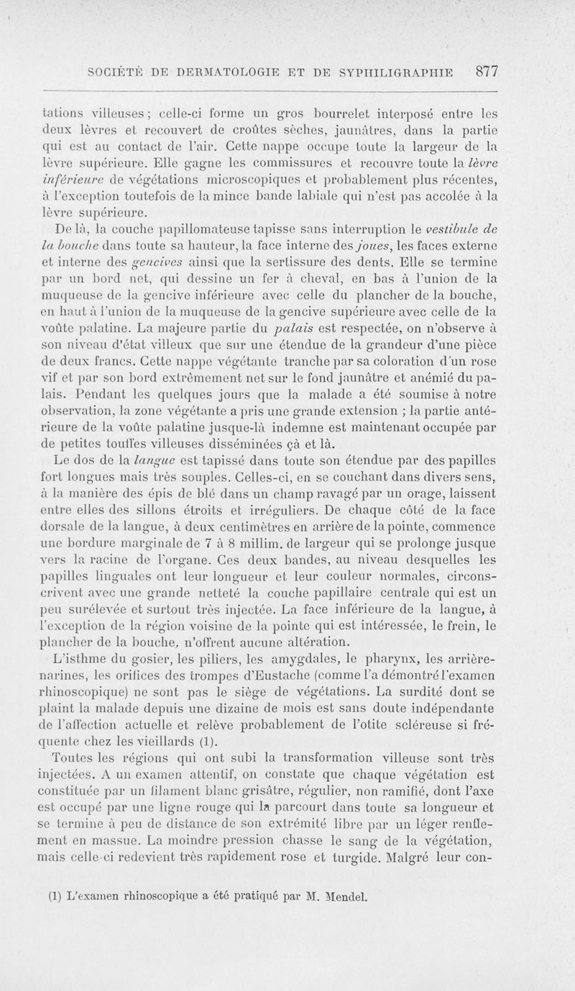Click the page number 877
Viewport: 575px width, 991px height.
pos(487,71)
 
